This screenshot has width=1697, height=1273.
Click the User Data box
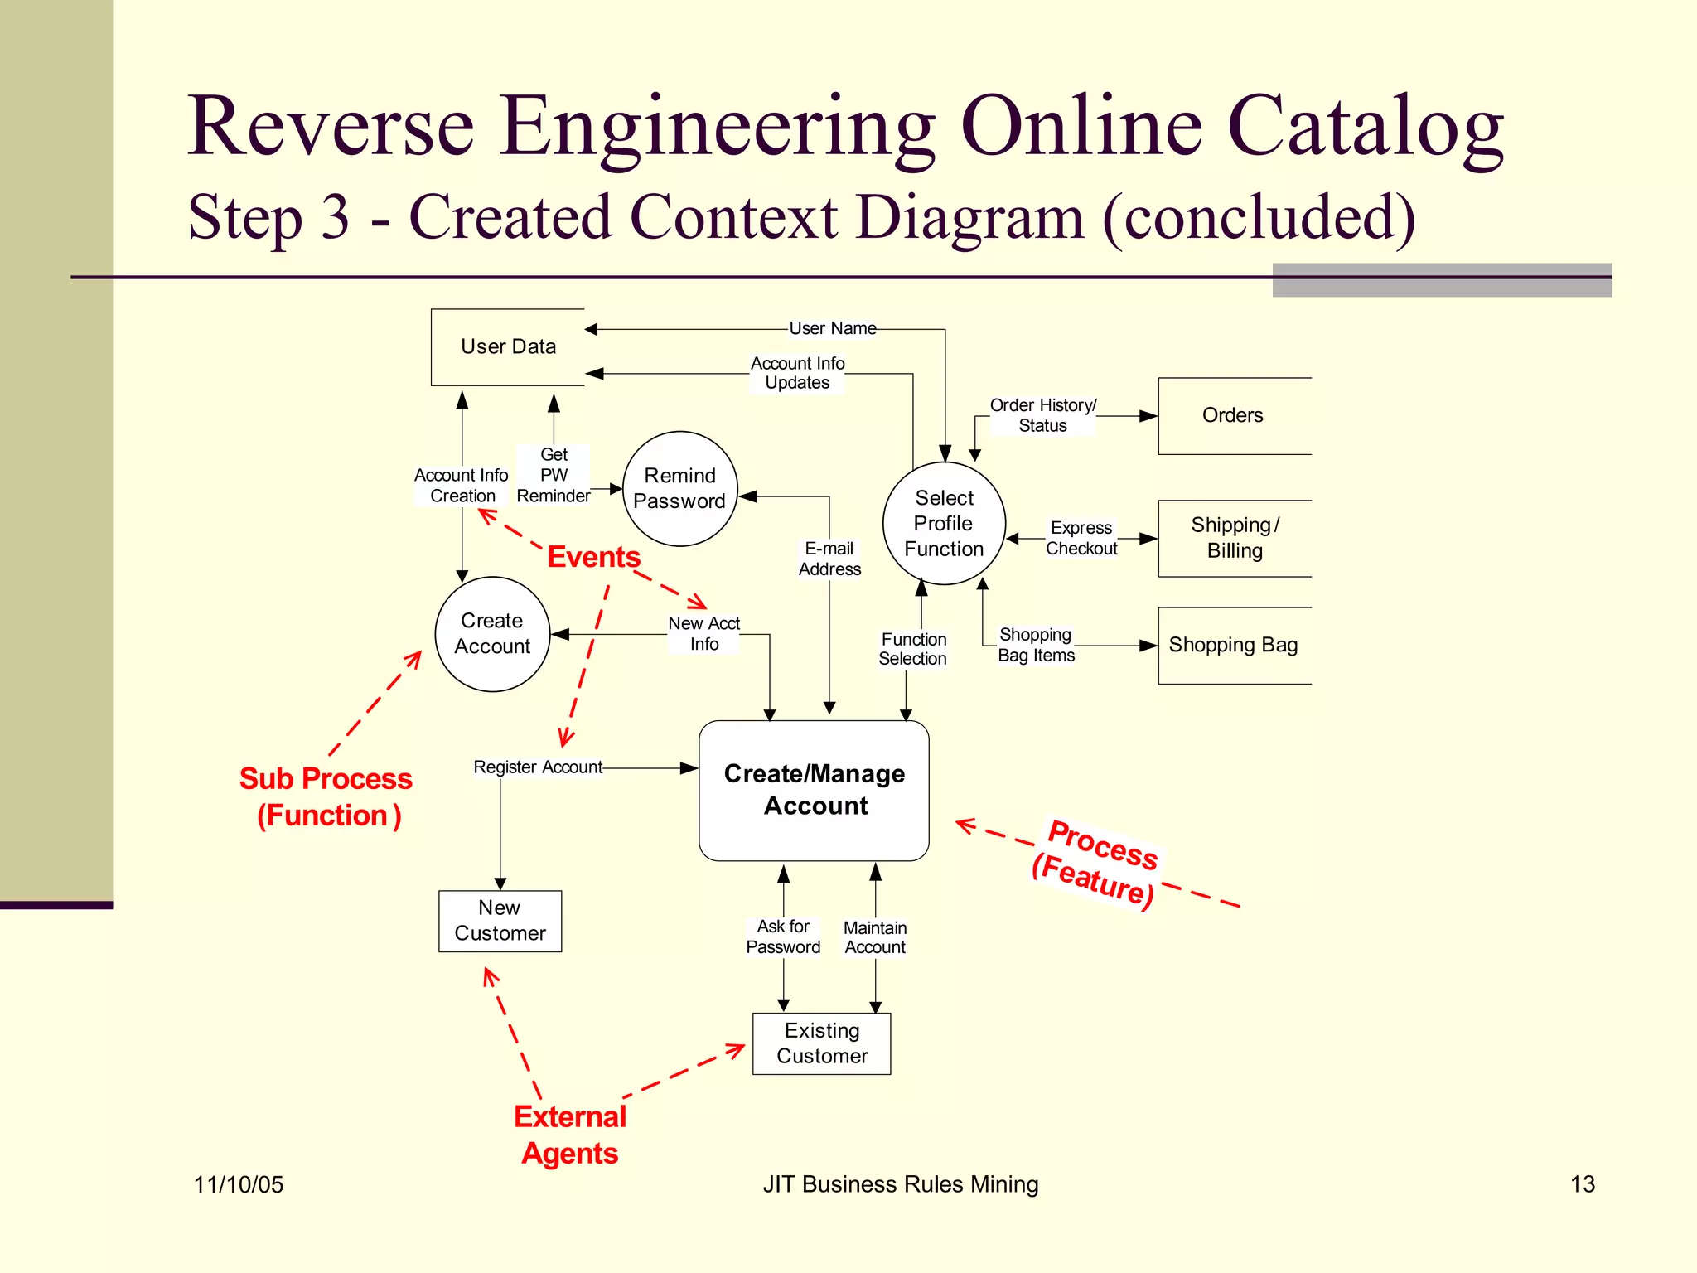click(x=508, y=347)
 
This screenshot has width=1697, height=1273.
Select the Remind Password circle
click(x=679, y=489)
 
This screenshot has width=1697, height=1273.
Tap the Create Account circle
click(x=492, y=634)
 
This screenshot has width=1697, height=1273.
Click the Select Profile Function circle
click(x=944, y=524)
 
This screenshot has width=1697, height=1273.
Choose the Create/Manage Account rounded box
click(x=814, y=790)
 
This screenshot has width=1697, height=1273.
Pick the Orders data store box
click(x=1233, y=416)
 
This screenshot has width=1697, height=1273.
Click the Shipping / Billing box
click(x=1234, y=538)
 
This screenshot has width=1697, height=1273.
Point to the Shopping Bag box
click(x=1233, y=646)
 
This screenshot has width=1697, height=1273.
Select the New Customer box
click(x=500, y=921)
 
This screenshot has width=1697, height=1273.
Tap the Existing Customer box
click(x=821, y=1043)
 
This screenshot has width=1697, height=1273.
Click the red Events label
click(x=593, y=557)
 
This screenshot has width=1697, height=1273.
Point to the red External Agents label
click(x=570, y=1135)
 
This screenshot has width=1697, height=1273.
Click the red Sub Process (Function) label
click(x=326, y=796)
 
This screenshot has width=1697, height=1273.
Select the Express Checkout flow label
click(x=1081, y=538)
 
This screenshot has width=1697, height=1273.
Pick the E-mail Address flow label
click(x=829, y=559)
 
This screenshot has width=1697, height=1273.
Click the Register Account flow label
click(x=538, y=767)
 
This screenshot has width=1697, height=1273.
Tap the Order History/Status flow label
click(x=1042, y=415)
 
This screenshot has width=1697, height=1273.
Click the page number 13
click(x=1582, y=1184)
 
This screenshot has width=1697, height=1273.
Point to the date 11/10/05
click(x=239, y=1184)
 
